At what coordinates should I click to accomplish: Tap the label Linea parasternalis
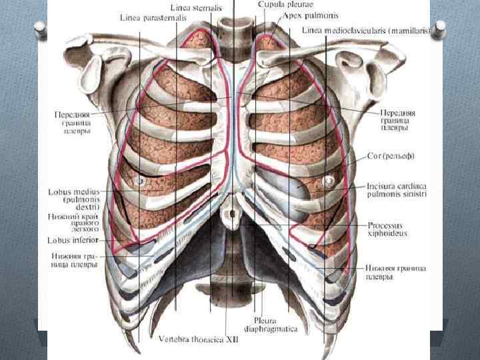click(153, 18)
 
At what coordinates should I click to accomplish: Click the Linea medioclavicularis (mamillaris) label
click(367, 31)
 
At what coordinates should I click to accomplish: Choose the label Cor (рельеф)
click(391, 156)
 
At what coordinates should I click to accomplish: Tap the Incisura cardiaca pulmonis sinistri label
click(395, 189)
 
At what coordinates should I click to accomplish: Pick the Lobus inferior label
click(73, 240)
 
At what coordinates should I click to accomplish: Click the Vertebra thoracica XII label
click(197, 339)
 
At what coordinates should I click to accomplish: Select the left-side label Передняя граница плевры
click(73, 123)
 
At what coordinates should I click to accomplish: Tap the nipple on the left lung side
click(328, 181)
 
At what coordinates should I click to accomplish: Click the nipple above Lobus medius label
click(140, 181)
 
